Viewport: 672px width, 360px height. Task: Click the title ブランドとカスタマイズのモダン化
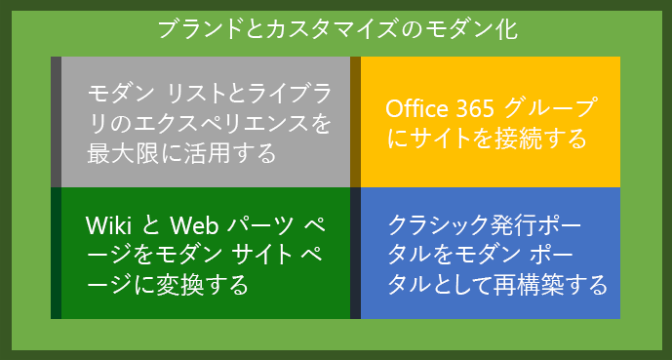336,28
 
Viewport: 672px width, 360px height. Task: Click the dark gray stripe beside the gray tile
56,121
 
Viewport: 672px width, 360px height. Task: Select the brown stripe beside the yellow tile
355,121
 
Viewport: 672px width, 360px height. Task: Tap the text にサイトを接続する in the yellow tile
487,138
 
